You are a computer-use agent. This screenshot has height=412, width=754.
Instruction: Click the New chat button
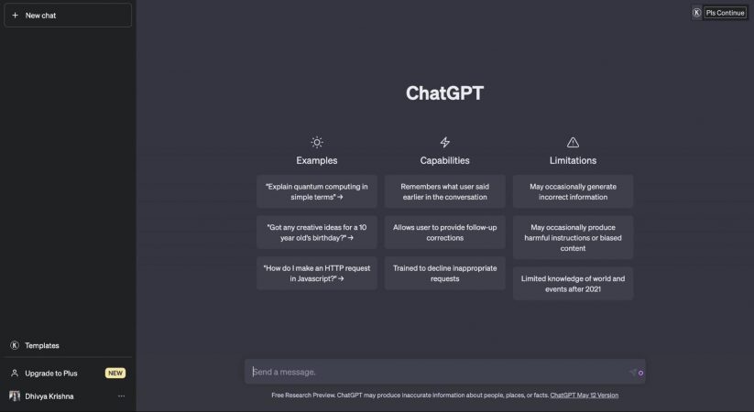[x=67, y=16]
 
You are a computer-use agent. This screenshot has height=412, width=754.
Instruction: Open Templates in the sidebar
[x=42, y=345]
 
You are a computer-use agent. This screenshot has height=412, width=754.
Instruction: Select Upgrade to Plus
[x=50, y=374]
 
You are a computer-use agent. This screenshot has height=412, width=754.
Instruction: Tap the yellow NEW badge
[x=115, y=374]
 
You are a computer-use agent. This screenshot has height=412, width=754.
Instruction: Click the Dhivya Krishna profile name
[x=49, y=396]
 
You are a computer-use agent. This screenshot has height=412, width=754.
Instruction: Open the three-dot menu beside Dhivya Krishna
[x=121, y=396]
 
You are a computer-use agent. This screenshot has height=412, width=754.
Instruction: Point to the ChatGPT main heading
[x=444, y=93]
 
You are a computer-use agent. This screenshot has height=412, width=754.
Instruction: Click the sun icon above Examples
[x=316, y=142]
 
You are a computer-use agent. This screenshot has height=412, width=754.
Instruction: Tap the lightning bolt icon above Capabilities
[x=444, y=142]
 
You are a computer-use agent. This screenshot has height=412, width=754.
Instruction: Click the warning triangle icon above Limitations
[x=573, y=142]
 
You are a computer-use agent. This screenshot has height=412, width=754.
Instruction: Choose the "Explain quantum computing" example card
[x=316, y=191]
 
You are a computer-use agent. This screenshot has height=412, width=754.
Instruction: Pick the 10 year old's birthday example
[x=316, y=233]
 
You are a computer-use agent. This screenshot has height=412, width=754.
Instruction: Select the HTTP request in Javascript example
[x=316, y=274]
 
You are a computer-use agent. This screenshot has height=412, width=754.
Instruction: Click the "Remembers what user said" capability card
[x=444, y=191]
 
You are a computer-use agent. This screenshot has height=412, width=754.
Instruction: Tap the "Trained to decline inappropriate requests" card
[x=444, y=274]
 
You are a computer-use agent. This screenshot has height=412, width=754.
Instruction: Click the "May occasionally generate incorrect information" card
[x=573, y=191]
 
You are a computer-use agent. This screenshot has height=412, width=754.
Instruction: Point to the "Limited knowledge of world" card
[x=573, y=283]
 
